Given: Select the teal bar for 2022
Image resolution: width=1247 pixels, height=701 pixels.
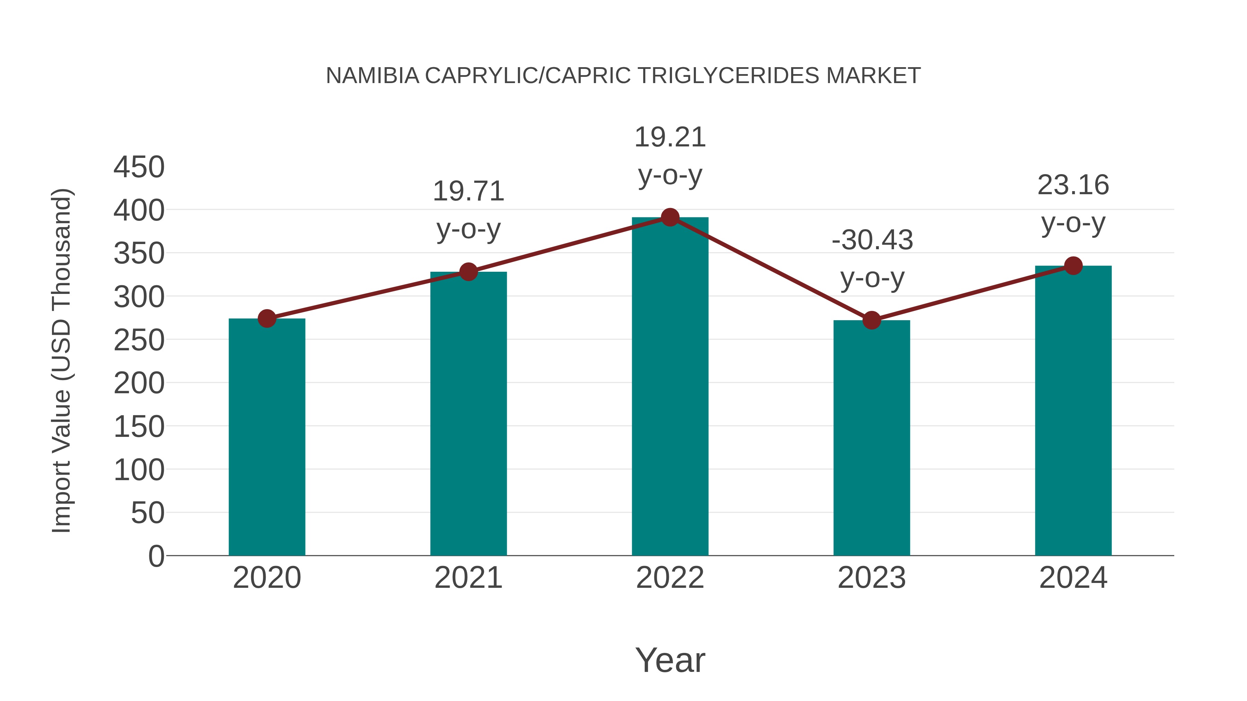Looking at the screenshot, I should point(670,387).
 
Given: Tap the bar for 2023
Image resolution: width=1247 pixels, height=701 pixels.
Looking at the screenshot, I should point(872,438).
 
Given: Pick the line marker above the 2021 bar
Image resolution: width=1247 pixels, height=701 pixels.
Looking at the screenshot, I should point(468,272).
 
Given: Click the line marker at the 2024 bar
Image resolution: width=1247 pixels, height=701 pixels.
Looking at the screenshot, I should point(1073,266).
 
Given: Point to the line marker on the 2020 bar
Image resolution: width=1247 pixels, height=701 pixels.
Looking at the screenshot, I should point(267,318).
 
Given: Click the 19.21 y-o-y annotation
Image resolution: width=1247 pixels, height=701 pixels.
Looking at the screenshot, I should point(670,156).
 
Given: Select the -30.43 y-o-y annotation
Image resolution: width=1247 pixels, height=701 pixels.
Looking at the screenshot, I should point(872,259).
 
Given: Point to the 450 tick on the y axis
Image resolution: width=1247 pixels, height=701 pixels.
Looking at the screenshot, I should point(139,168).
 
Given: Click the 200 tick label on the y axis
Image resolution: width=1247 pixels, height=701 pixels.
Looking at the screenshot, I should point(139,384).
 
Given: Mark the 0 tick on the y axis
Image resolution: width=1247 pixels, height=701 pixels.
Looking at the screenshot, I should point(156,556).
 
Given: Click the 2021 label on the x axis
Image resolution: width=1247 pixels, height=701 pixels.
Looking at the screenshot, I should point(468,578).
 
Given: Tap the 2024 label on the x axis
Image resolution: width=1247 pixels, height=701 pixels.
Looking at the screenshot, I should point(1073,578).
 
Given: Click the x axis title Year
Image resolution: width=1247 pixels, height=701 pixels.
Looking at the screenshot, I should point(670,660).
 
